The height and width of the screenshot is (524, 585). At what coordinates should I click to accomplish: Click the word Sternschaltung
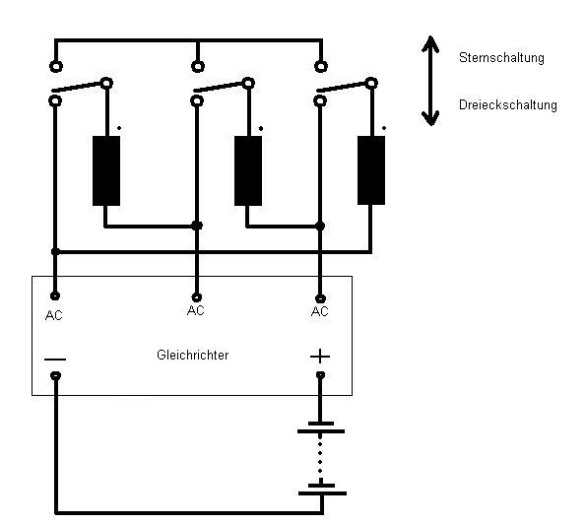[x=501, y=57]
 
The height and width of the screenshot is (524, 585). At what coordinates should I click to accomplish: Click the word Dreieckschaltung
[x=508, y=104]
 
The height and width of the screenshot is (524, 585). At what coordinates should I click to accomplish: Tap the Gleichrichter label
[x=192, y=355]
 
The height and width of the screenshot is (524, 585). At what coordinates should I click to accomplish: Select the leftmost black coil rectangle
[x=106, y=170]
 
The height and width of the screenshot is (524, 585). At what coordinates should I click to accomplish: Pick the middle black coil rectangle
[x=248, y=170]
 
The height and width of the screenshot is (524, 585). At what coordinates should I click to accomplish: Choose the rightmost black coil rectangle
[x=371, y=170]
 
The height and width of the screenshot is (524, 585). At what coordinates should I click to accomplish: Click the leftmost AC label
[x=54, y=316]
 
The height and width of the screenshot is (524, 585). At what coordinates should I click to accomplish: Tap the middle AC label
[x=196, y=310]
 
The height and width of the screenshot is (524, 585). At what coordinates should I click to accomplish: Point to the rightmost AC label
[x=319, y=311]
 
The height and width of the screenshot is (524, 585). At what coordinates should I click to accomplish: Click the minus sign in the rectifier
[x=55, y=360]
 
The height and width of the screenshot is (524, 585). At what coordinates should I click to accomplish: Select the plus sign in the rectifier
[x=320, y=357]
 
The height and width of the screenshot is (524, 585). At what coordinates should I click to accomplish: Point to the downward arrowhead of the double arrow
[x=430, y=118]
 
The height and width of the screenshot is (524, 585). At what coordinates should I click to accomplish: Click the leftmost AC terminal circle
[x=55, y=295]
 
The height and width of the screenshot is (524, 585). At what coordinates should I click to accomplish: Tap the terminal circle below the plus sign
[x=320, y=374]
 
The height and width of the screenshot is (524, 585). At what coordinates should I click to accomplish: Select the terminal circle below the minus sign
[x=55, y=375]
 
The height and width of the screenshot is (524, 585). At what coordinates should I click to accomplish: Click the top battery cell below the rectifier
[x=321, y=427]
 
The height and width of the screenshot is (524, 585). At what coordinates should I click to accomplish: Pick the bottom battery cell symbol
[x=322, y=490]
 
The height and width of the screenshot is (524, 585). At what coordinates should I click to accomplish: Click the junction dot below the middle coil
[x=320, y=226]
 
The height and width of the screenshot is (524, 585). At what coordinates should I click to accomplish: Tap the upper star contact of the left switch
[x=56, y=66]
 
